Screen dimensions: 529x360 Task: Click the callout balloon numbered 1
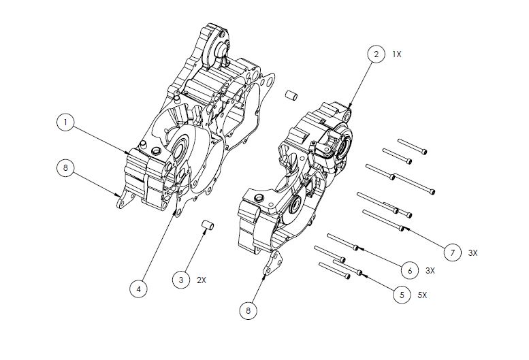click(65, 122)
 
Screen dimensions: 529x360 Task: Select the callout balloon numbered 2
click(376, 54)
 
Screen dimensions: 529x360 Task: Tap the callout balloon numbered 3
click(181, 280)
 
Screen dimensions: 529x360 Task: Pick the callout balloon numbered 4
click(139, 289)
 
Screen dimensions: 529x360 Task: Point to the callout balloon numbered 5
click(402, 295)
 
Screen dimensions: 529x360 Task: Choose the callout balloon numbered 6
click(410, 270)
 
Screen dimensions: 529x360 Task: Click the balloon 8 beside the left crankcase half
click(65, 167)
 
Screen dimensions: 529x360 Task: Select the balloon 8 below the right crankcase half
click(248, 310)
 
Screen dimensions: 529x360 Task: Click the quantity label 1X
click(397, 54)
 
